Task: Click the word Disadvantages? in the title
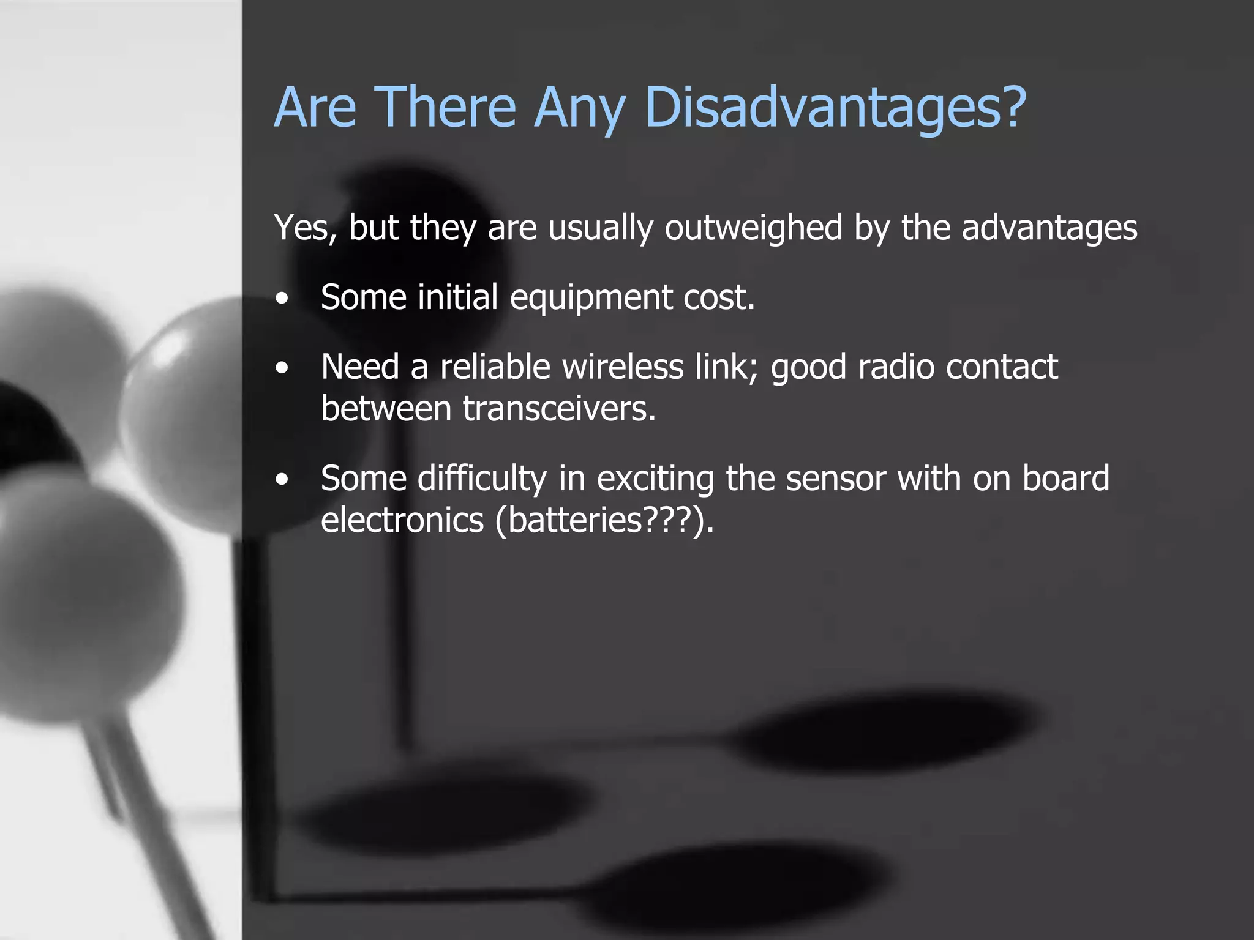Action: (835, 107)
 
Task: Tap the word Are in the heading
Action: (315, 107)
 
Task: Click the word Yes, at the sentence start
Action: (306, 228)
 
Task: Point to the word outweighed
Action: (753, 228)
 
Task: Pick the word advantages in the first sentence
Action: (1049, 228)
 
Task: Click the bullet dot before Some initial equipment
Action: (282, 299)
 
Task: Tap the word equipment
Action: (591, 298)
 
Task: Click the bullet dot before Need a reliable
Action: (282, 368)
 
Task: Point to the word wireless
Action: (622, 367)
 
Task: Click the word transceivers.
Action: (559, 408)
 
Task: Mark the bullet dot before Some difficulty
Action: (282, 480)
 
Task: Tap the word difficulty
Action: (482, 479)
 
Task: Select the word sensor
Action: (836, 478)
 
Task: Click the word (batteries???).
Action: (604, 520)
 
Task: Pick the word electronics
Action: (402, 520)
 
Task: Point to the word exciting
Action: (655, 479)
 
